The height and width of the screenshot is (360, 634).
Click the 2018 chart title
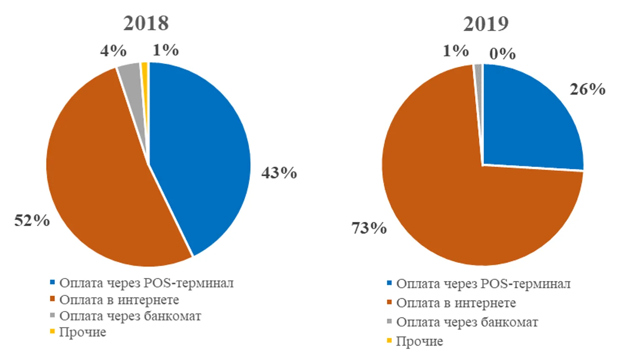click(x=146, y=23)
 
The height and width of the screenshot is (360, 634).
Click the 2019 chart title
click(x=485, y=24)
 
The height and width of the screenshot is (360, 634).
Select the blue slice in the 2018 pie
click(x=197, y=159)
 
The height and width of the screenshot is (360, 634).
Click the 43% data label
click(x=279, y=172)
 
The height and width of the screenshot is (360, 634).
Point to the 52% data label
click(x=32, y=221)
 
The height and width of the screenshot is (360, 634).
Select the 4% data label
click(x=113, y=51)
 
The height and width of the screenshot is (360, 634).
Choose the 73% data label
click(x=369, y=228)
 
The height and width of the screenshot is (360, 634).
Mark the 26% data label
click(x=587, y=89)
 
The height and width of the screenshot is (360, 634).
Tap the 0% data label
click(x=502, y=54)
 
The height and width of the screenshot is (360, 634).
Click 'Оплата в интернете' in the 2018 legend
click(x=119, y=300)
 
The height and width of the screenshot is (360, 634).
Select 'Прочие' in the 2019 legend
click(x=419, y=341)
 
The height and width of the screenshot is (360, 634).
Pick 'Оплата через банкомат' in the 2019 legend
click(x=467, y=322)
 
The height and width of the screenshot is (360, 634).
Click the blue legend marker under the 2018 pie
click(x=52, y=283)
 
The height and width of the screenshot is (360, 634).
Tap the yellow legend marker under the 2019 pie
click(x=389, y=341)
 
